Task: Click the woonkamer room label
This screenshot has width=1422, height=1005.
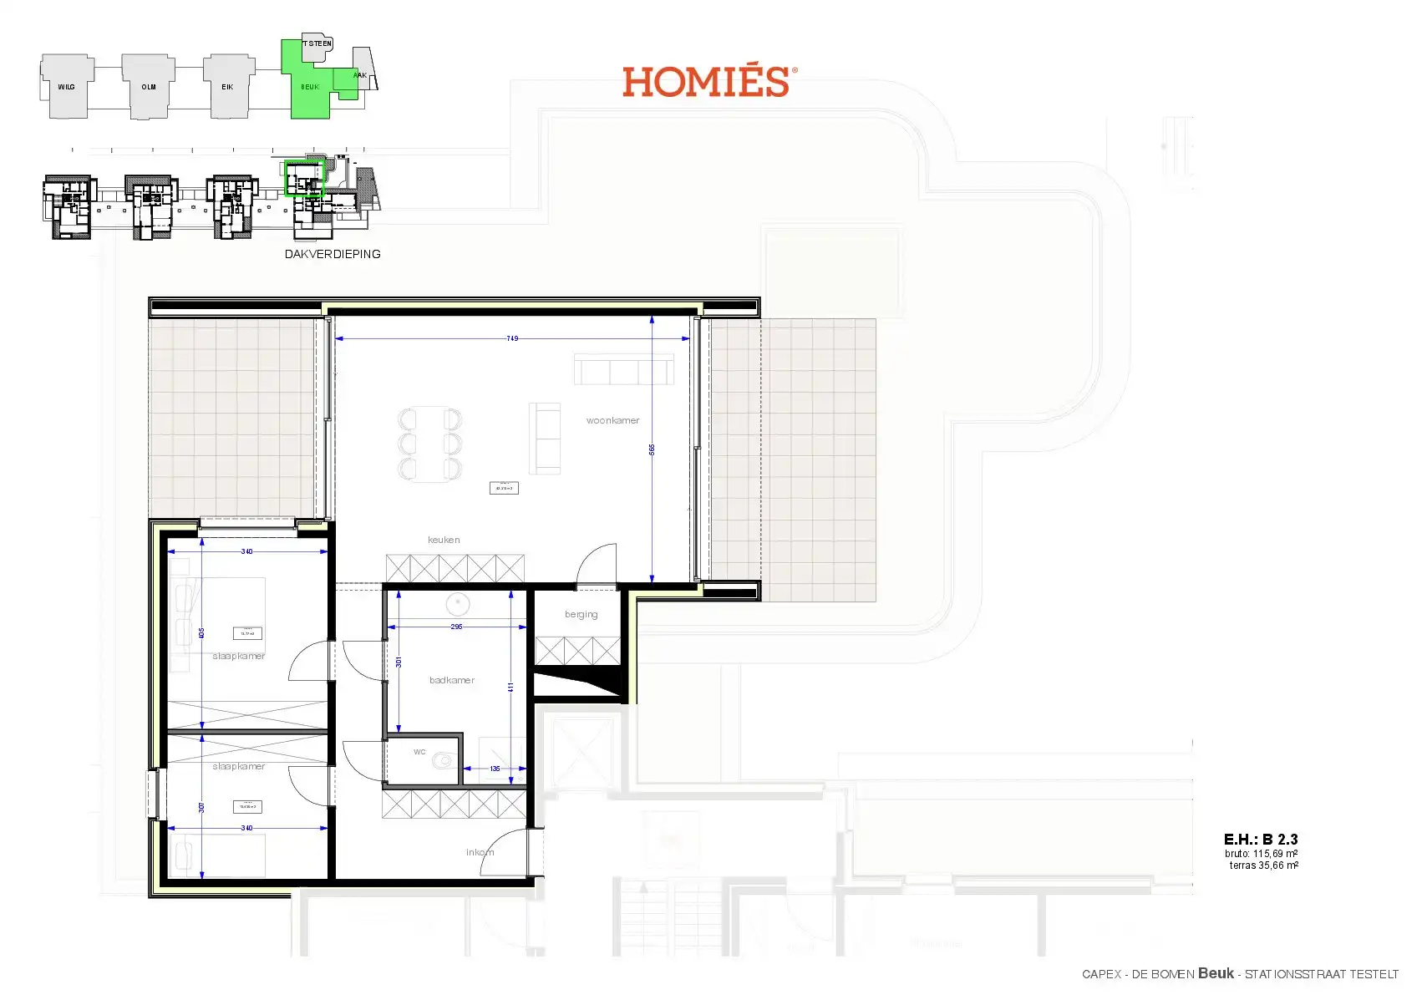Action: (612, 420)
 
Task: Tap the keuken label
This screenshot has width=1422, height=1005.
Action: (444, 540)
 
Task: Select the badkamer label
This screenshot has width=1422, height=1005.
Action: (452, 680)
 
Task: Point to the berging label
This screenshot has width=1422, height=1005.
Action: (581, 614)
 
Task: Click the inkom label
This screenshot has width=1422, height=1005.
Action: (480, 852)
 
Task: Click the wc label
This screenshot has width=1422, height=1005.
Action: (419, 752)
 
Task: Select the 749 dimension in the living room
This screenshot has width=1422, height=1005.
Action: (512, 338)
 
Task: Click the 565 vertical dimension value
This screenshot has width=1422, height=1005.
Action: (652, 449)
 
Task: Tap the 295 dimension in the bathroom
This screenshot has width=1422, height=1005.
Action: (456, 627)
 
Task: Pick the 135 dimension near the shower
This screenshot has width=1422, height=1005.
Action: (495, 769)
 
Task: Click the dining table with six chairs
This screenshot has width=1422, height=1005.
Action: (429, 444)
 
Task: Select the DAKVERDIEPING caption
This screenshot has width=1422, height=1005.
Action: (333, 254)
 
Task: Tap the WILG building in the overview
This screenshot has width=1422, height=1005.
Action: (66, 87)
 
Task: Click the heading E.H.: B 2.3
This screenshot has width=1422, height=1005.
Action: (1260, 840)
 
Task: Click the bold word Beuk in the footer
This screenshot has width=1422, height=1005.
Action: (1215, 973)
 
